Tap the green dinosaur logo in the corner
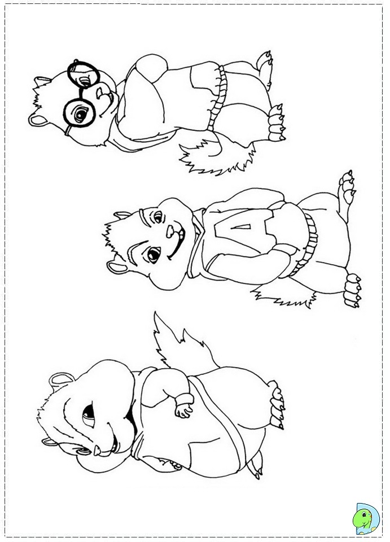pos(366,520)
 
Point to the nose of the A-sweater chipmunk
pos(170,231)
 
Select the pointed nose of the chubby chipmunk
pos(97,450)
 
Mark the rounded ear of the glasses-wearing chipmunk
pos(39,120)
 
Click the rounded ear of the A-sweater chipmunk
pos(117,266)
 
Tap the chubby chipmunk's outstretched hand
pos(183,409)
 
